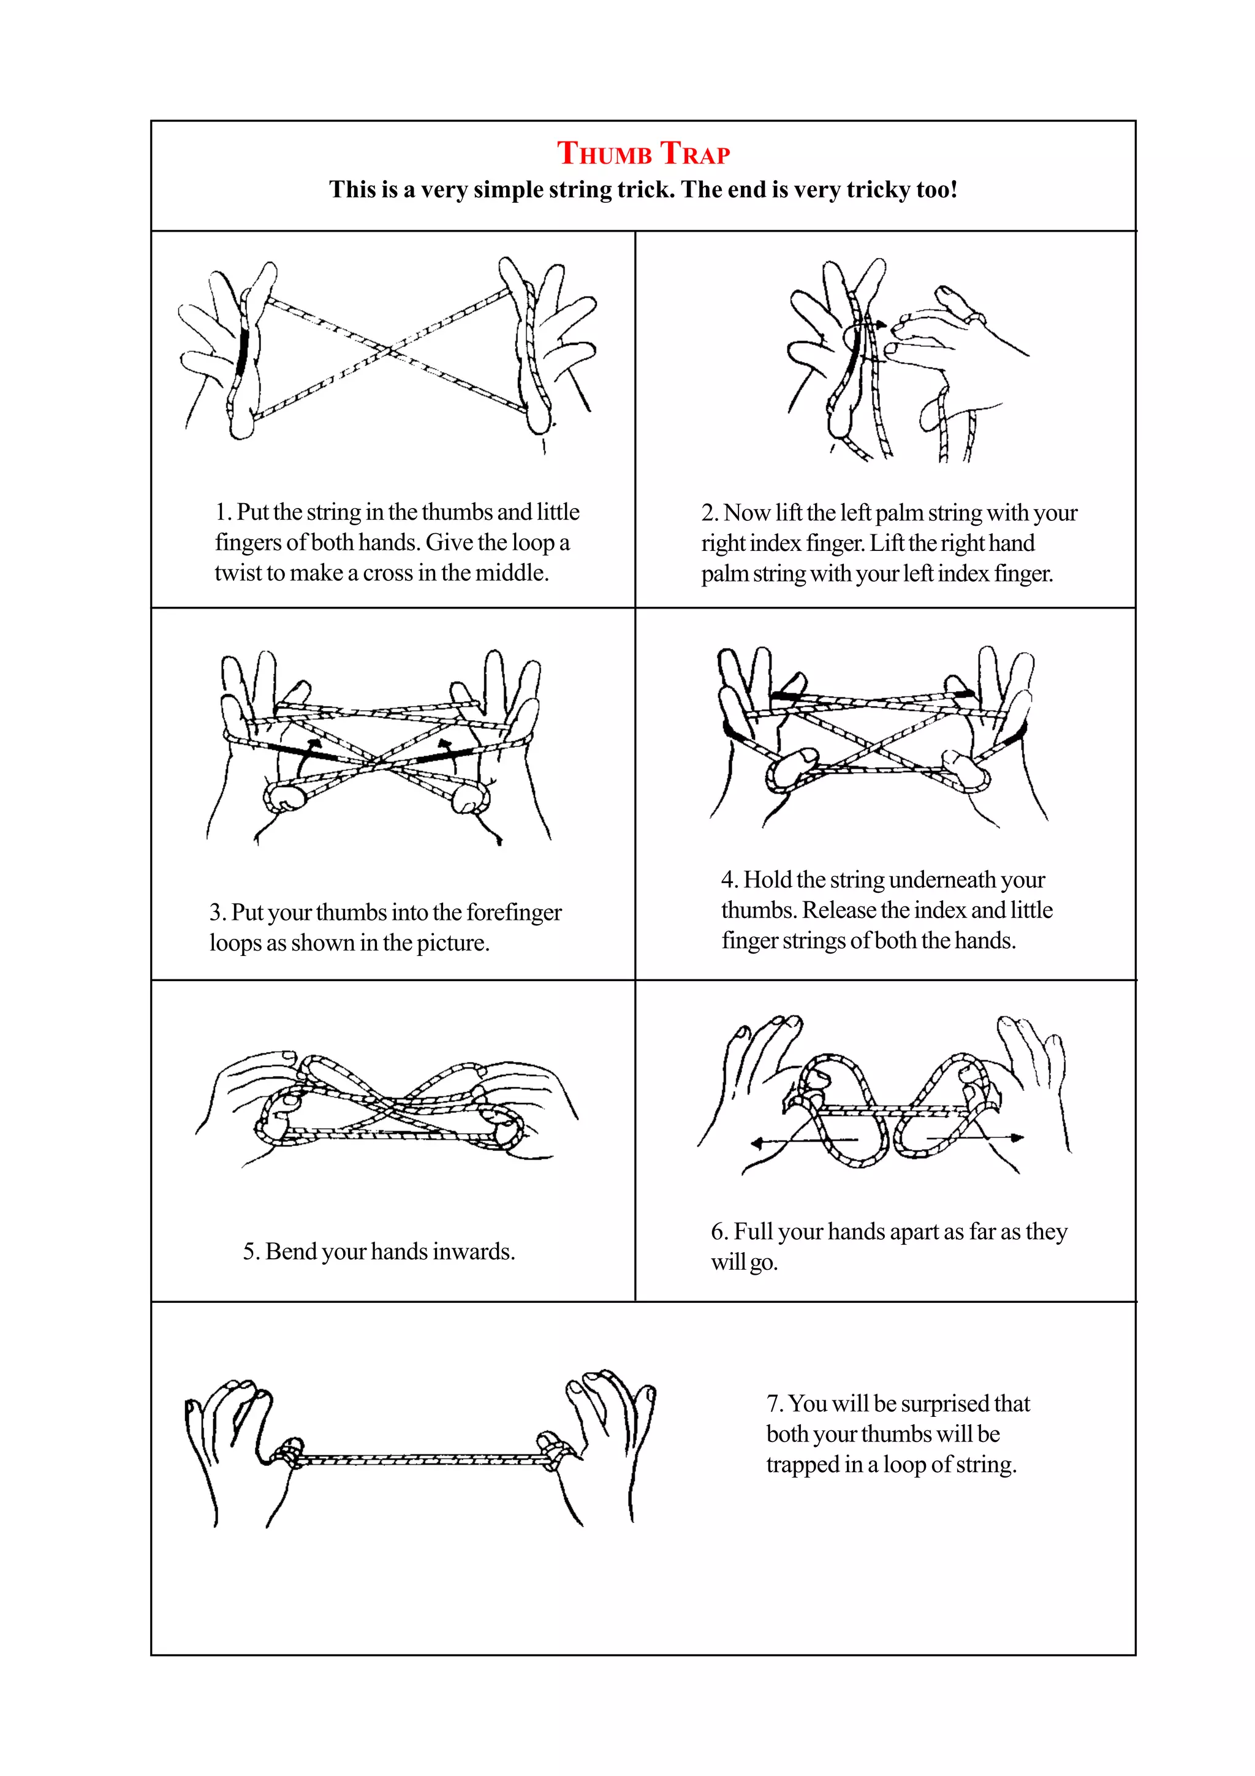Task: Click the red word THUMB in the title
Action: pos(605,153)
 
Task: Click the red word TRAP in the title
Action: pos(694,153)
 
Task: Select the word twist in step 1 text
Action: pos(239,573)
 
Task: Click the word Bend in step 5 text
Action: pos(290,1251)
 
